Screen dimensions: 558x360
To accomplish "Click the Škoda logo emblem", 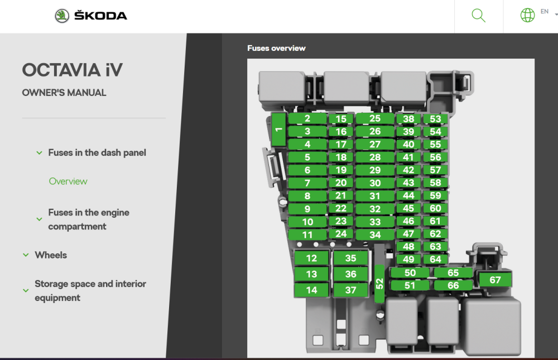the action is coord(62,16).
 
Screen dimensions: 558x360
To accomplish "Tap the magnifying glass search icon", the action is coord(478,16).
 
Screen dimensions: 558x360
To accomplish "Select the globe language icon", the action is coord(527,15).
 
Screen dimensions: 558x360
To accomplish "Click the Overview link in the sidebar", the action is coord(68,181).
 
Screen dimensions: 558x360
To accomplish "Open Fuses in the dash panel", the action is coord(97,153).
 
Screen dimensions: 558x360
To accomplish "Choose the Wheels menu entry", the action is coord(51,255).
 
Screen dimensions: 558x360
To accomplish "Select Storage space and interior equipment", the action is coord(90,291).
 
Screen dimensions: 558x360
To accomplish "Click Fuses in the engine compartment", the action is coord(89,219).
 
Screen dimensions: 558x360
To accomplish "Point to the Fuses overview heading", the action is coord(277,48).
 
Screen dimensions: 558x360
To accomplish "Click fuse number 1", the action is coord(278,129).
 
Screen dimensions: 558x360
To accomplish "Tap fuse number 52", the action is coord(379,284).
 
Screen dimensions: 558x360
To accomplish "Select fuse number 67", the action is coord(495,280).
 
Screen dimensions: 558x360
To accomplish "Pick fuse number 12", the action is coord(311,258).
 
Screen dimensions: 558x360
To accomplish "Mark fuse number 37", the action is coord(350,290).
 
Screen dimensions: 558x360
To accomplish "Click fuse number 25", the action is coord(375,118).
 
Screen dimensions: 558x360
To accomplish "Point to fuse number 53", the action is coord(435,119).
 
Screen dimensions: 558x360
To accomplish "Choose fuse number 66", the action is coord(453,285).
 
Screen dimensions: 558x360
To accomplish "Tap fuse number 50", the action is coord(410,273).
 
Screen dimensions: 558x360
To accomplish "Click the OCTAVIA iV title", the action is coord(73,70).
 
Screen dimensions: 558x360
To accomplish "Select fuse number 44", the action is coord(408,195).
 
